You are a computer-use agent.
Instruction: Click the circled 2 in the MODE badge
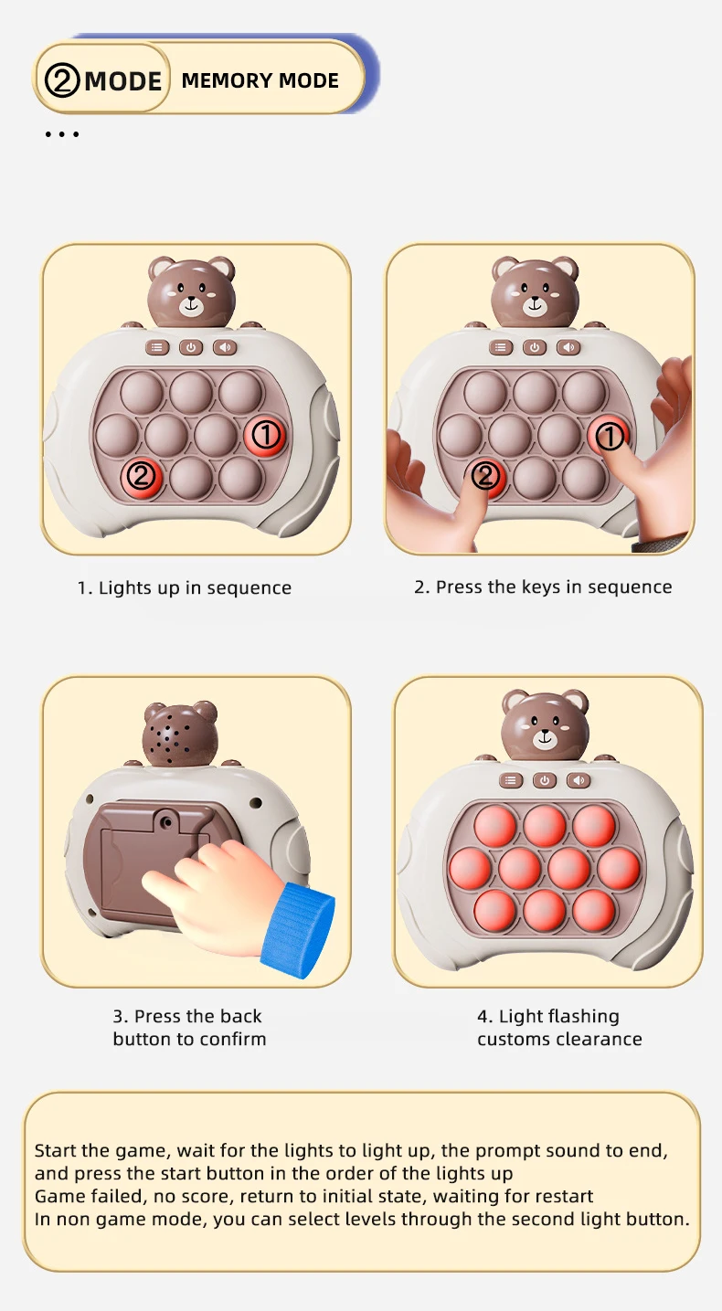(62, 80)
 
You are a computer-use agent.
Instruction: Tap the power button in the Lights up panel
(191, 348)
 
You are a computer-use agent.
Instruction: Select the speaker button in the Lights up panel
(225, 348)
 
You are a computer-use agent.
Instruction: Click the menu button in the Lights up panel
(157, 348)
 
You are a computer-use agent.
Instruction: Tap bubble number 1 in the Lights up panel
(266, 435)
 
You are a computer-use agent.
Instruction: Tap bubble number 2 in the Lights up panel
(141, 477)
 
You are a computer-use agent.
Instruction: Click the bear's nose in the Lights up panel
(191, 302)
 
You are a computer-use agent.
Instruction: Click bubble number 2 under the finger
(485, 476)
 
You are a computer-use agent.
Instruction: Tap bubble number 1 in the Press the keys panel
(609, 436)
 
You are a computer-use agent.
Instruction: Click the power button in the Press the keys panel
(535, 348)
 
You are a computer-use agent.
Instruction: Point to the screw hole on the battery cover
(167, 822)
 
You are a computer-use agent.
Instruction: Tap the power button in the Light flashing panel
(545, 780)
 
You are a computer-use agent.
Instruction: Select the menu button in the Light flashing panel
(511, 780)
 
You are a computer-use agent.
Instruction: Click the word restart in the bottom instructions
(565, 1196)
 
